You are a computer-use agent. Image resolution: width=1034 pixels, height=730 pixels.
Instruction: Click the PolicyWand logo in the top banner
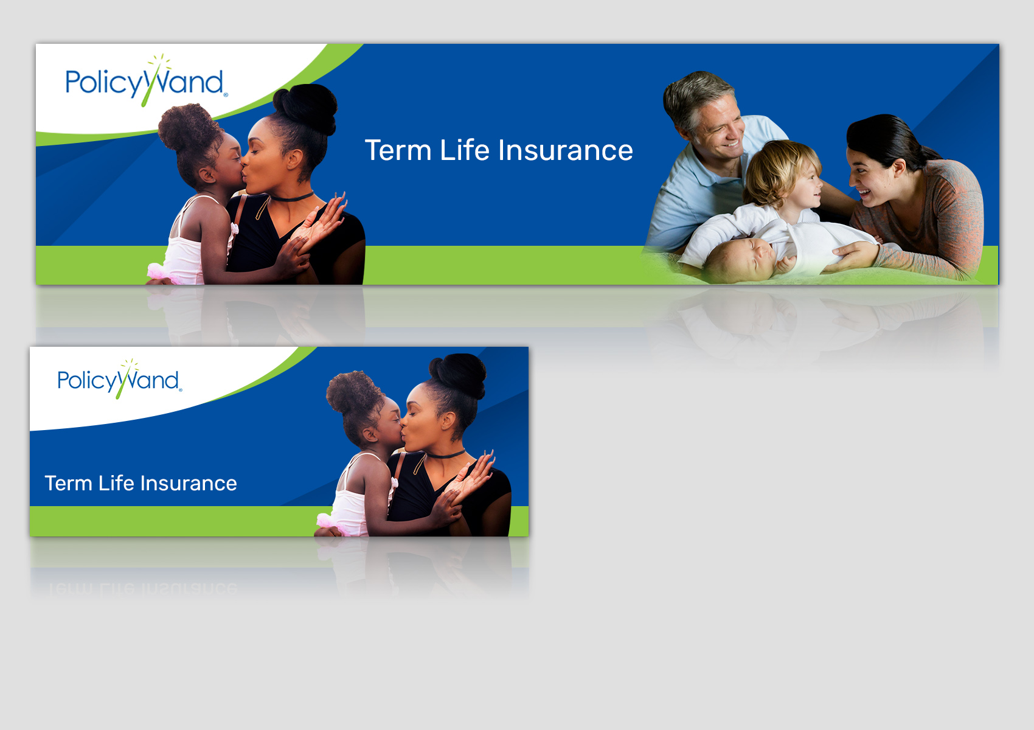click(x=147, y=81)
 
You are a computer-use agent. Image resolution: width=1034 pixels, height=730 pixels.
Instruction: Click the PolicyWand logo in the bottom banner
click(x=120, y=378)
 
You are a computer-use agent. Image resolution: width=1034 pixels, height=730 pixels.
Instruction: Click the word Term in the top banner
click(x=398, y=150)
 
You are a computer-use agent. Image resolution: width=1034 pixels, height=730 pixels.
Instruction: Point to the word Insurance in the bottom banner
click(x=189, y=483)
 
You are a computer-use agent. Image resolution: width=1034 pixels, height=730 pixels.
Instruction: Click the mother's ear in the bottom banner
click(x=447, y=420)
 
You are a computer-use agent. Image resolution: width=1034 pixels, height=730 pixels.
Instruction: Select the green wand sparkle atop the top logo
click(x=159, y=63)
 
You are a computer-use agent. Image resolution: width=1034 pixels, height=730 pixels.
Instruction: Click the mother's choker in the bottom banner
click(x=445, y=454)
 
